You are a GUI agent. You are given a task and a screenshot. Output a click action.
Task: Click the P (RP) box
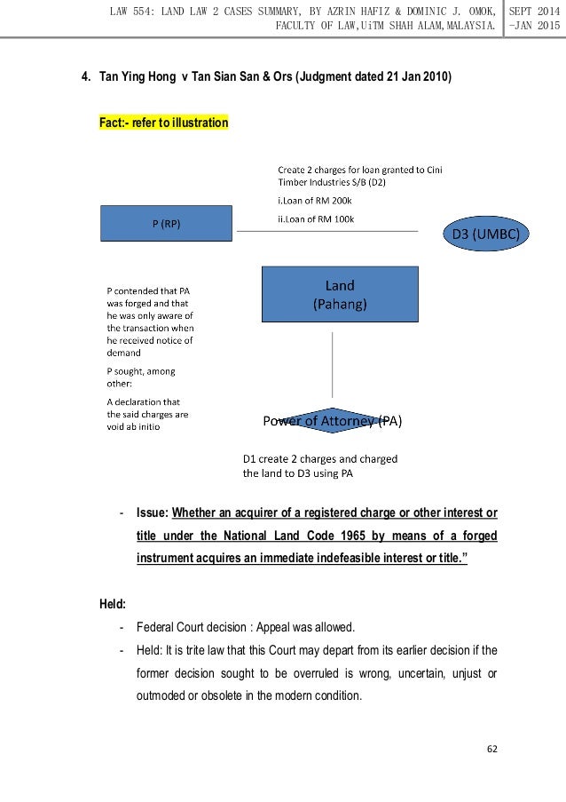166,224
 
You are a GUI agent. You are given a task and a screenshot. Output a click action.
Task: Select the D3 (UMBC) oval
485,234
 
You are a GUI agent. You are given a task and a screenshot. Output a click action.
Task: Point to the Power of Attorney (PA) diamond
333,421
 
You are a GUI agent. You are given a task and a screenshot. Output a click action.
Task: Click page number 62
492,748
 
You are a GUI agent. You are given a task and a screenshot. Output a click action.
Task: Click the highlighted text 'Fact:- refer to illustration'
164,123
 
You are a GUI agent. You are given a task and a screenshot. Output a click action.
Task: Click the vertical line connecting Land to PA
333,365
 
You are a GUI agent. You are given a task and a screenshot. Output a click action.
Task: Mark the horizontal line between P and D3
326,232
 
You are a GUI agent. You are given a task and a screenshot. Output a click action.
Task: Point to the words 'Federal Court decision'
192,626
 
